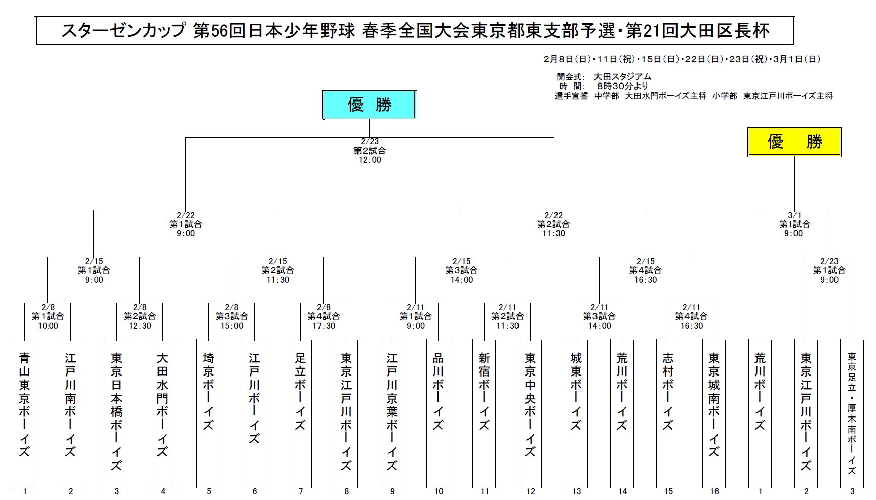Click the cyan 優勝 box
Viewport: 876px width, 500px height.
(369, 105)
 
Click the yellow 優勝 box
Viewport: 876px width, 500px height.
(794, 142)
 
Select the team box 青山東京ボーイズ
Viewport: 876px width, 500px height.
(24, 412)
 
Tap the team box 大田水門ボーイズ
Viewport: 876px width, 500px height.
(163, 412)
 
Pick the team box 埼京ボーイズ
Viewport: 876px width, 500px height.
(208, 412)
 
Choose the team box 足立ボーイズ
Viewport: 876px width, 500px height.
(300, 412)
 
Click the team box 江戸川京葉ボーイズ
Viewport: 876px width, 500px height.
(392, 412)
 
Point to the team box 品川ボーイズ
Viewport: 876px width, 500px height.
(438, 412)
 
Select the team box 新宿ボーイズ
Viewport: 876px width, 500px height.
(484, 412)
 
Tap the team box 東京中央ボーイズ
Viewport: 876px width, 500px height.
(530, 412)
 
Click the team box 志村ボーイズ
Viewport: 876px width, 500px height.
(668, 412)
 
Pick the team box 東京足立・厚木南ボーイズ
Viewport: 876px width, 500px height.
(852, 412)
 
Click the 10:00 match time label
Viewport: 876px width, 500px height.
(48, 326)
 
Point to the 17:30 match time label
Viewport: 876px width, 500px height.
(324, 326)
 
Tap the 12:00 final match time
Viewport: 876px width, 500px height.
(370, 160)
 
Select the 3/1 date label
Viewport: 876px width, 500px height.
(794, 215)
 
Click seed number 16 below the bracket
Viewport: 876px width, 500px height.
(714, 491)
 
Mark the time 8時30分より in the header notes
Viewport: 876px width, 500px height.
(622, 86)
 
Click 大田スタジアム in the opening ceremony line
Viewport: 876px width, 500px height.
(622, 77)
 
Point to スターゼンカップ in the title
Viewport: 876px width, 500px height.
(124, 31)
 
